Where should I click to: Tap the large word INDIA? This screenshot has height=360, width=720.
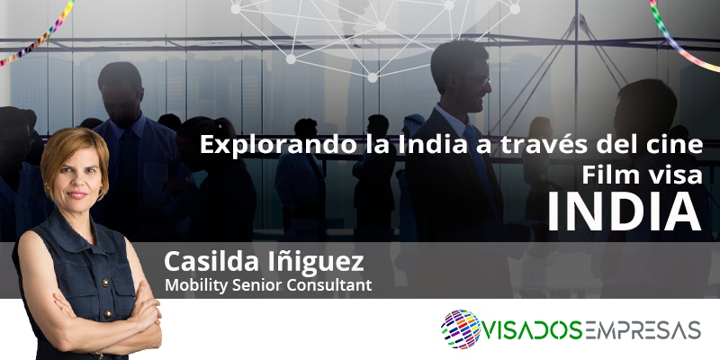[625, 211]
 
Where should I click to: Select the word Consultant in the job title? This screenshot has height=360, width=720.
[328, 285]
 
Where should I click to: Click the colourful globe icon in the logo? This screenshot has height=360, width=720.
[461, 329]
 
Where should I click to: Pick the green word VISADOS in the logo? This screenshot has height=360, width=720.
[532, 330]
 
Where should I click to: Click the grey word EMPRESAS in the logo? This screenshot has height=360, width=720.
[642, 330]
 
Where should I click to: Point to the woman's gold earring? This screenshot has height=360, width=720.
[47, 188]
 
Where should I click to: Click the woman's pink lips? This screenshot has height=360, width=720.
[77, 195]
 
